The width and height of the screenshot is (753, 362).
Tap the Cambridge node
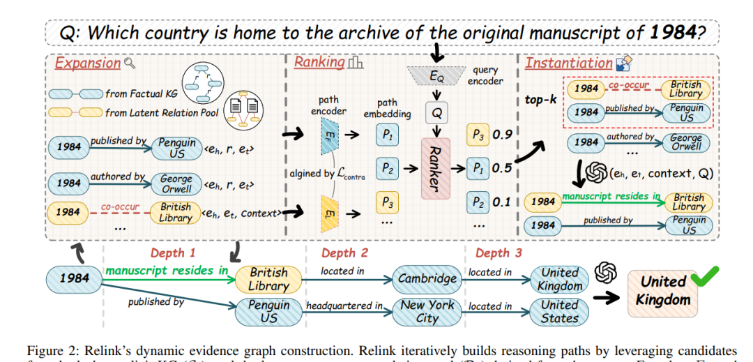tap(427, 279)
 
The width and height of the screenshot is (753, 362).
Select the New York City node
tap(427, 312)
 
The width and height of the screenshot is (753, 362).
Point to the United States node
tap(560, 312)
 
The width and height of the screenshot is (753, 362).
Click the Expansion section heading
tap(87, 63)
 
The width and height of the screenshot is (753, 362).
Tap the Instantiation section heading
tap(568, 63)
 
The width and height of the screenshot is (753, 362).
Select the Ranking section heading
tap(319, 62)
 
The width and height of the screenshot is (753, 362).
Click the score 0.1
tap(502, 203)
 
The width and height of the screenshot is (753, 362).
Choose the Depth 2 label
tap(344, 253)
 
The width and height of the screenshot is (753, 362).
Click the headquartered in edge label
tap(344, 305)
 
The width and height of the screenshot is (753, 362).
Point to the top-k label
tap(540, 100)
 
